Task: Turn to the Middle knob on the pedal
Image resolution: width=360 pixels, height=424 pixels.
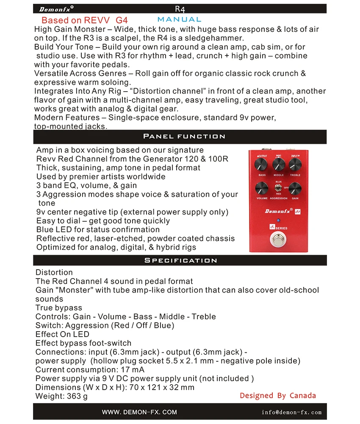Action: (x=278, y=164)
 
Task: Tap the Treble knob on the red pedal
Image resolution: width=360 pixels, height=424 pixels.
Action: (x=295, y=164)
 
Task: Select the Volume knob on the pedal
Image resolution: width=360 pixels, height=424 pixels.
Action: (x=262, y=188)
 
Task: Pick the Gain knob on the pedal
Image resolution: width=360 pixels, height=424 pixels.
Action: (x=295, y=188)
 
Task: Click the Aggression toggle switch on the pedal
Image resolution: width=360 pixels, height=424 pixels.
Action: (x=278, y=187)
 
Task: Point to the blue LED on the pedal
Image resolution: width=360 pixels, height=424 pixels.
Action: (x=278, y=220)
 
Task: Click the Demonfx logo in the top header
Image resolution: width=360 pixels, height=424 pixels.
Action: (x=56, y=9)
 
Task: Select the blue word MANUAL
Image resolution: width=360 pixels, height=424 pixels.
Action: (x=179, y=20)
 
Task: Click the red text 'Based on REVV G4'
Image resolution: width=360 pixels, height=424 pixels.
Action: (x=84, y=20)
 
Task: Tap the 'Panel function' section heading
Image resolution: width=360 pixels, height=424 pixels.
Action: (x=184, y=137)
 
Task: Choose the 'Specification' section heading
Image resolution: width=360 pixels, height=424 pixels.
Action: (x=180, y=260)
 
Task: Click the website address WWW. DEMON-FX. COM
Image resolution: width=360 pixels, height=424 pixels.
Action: (x=139, y=412)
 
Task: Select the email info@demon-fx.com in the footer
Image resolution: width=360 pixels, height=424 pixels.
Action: (x=291, y=412)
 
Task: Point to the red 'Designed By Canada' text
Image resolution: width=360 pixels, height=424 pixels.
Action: (x=277, y=396)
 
